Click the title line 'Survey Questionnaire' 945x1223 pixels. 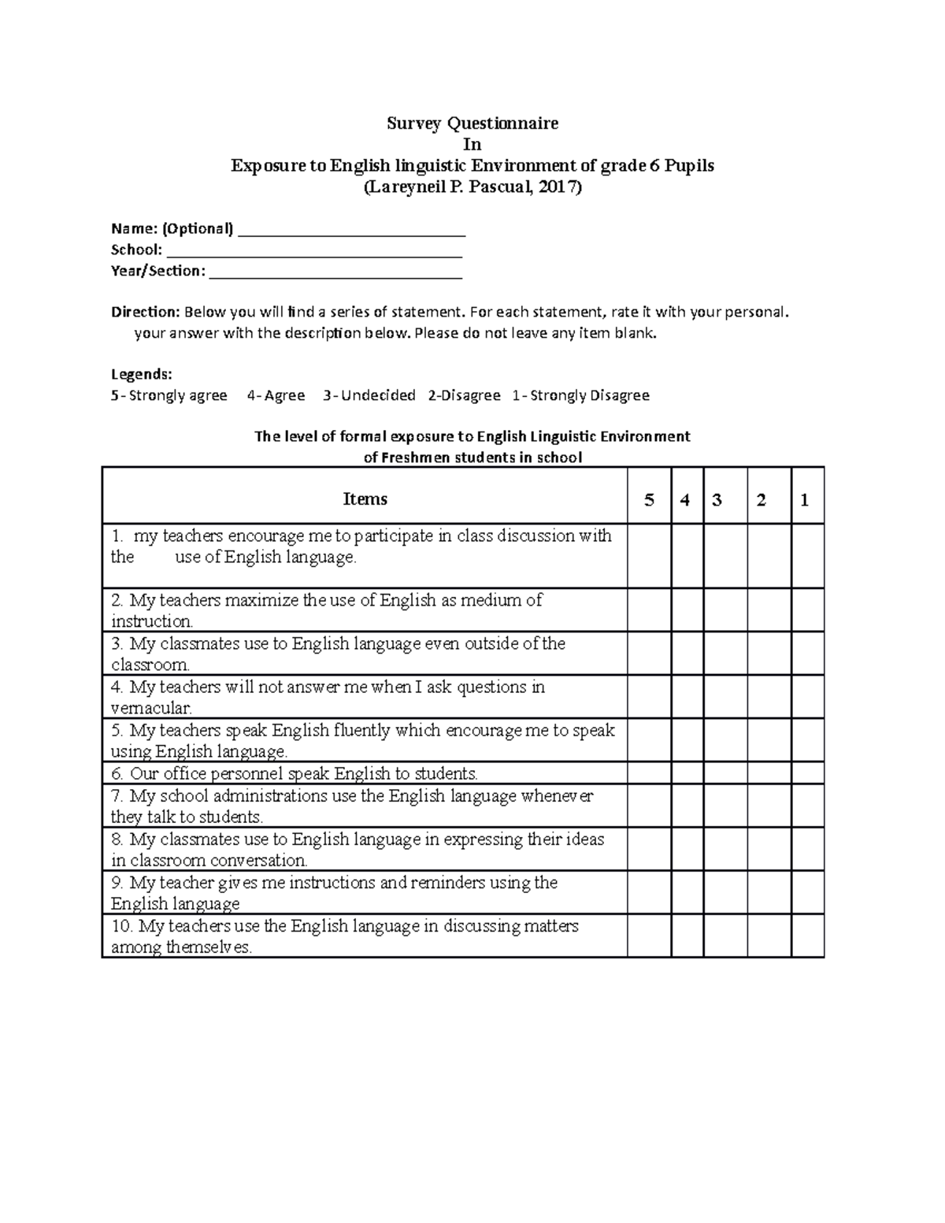(472, 123)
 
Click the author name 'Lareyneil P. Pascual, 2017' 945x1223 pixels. (472, 187)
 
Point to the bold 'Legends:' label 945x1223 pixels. (141, 374)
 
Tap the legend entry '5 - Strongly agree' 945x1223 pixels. (169, 395)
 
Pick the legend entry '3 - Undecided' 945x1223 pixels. (369, 395)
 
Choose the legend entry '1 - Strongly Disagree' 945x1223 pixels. (580, 395)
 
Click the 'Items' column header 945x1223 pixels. (365, 499)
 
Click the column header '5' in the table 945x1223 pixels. (649, 500)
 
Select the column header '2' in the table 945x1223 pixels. (761, 500)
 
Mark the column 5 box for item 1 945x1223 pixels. (649, 556)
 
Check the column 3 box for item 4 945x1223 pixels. (724, 696)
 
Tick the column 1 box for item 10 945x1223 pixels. (807, 936)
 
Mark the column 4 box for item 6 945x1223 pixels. (687, 773)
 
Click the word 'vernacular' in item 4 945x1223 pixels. (150, 708)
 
